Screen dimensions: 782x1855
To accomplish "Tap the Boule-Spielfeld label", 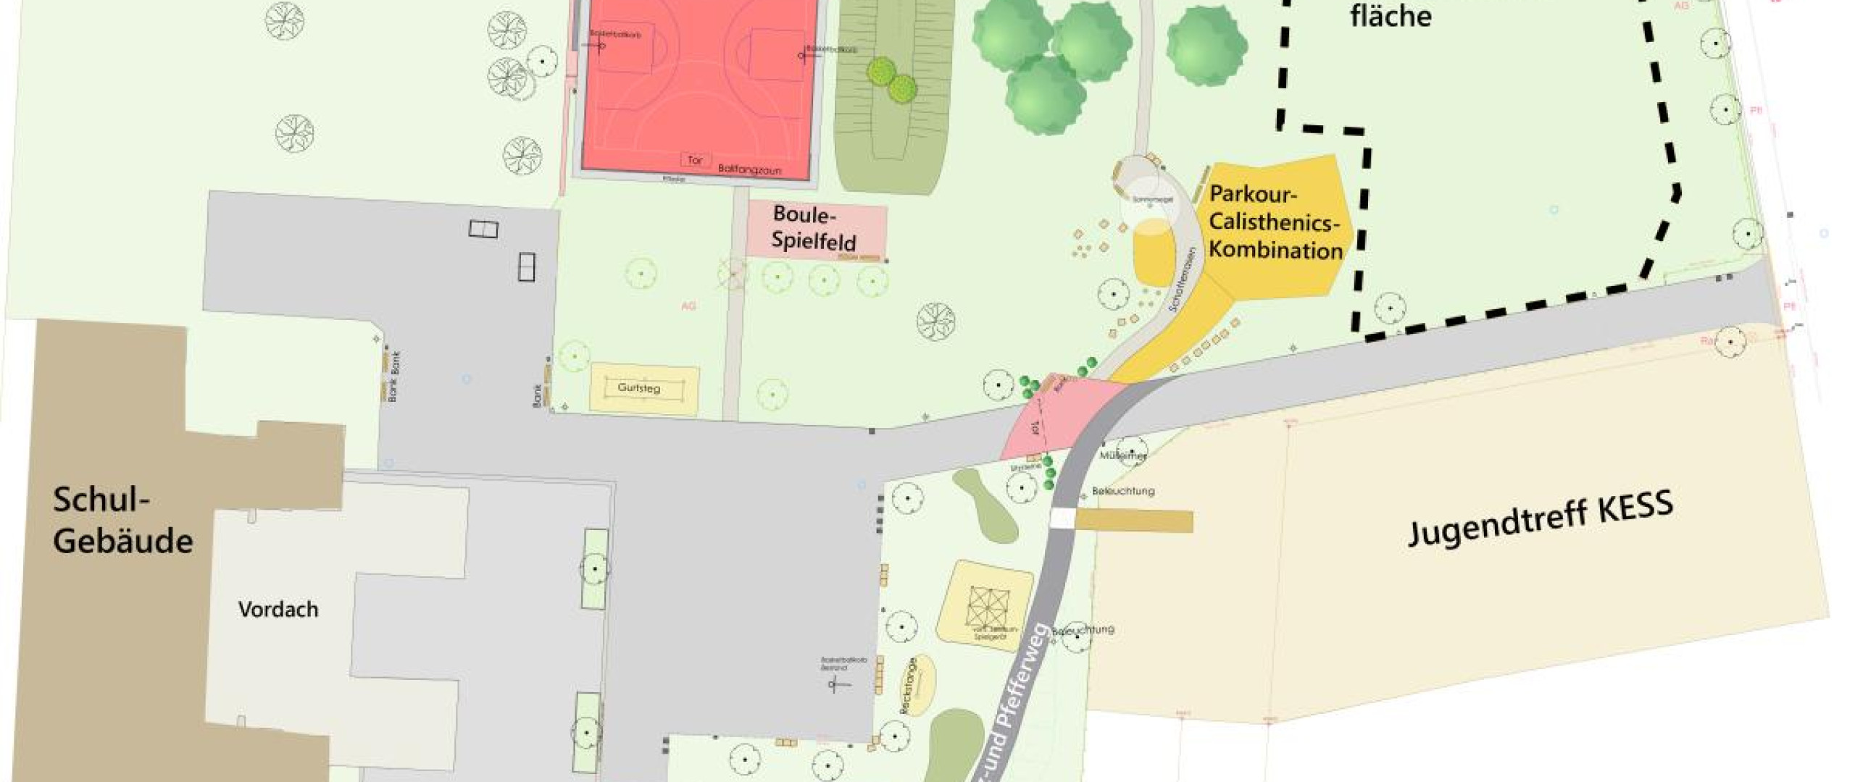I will click(x=813, y=227).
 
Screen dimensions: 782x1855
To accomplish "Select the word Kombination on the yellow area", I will click(x=1275, y=250).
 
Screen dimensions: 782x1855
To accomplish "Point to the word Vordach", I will click(x=278, y=610).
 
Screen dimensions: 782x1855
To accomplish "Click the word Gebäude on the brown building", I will click(x=123, y=541).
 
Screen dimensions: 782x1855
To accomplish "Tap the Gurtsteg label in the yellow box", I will click(x=638, y=388).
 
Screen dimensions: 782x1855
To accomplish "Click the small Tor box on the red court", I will click(x=695, y=160).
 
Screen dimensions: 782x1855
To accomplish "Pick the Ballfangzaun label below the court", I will click(x=749, y=170).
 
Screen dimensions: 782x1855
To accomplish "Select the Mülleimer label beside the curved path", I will click(x=1122, y=456).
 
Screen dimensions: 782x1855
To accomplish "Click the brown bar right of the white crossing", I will click(x=1134, y=521).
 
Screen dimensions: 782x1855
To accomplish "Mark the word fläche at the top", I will click(x=1391, y=16).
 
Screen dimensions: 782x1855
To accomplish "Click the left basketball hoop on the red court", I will click(x=600, y=46).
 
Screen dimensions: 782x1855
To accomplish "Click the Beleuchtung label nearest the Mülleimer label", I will click(x=1123, y=491).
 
